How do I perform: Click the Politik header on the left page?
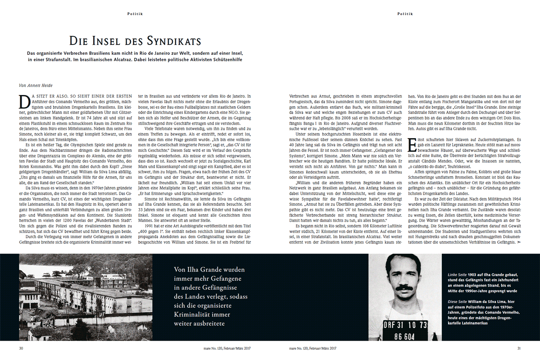click(135, 14)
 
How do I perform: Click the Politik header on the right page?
click(405, 14)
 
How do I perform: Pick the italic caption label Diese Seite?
click(458, 301)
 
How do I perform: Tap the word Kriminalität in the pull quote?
click(192, 314)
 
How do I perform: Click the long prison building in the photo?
click(73, 294)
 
